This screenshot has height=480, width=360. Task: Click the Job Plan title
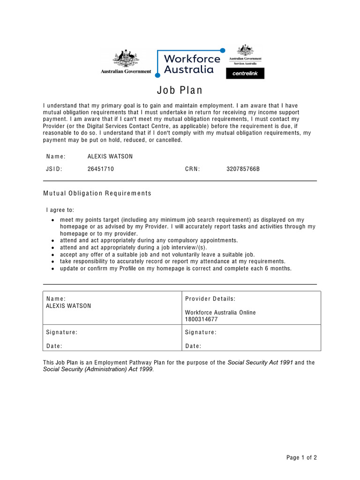coord(180,90)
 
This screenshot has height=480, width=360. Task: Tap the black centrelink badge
coord(245,74)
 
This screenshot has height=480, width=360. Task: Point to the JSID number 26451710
coord(101,169)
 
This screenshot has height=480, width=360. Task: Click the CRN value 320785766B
coord(243,169)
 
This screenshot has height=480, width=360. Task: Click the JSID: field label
coord(54,169)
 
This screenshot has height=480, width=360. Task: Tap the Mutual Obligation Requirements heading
coord(97,193)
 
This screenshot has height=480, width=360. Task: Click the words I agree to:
coord(60,210)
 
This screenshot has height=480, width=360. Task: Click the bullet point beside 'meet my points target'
coord(53,220)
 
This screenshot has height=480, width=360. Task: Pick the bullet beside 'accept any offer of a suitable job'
coord(53,255)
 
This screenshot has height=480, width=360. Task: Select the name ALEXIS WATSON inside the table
coord(68,306)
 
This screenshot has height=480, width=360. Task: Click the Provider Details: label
coord(210,299)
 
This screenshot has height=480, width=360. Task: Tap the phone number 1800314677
coord(202,319)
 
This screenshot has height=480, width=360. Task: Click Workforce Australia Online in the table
coord(220,313)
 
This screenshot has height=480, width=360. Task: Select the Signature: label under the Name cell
coord(62,332)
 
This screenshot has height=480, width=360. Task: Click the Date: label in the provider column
coord(193,346)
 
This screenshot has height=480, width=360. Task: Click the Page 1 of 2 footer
coord(301,458)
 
